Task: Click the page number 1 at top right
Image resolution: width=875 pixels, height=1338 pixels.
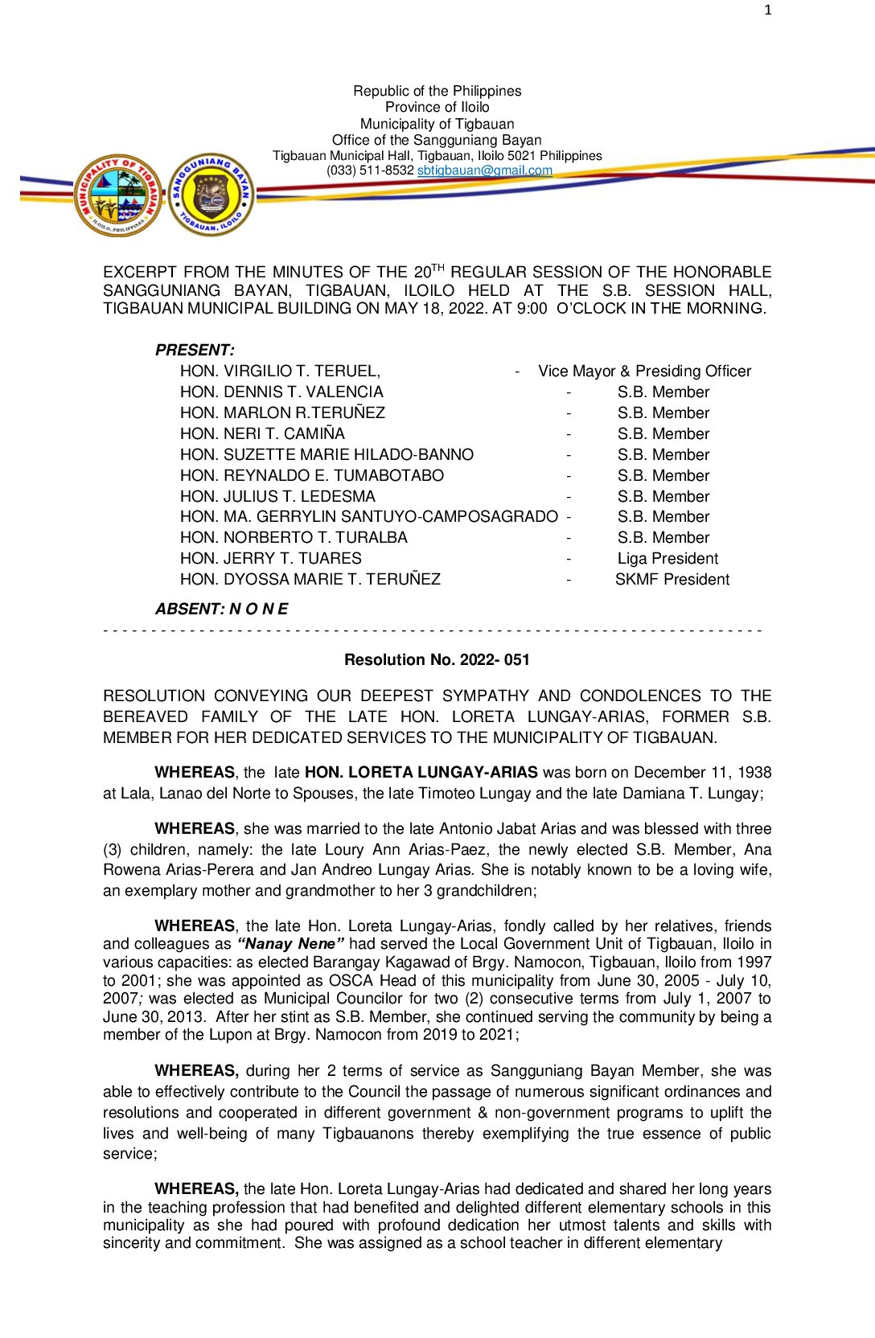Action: (768, 10)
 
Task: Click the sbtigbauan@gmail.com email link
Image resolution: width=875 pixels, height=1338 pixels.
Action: (484, 170)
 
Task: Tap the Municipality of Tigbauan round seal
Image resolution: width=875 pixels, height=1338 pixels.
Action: (118, 195)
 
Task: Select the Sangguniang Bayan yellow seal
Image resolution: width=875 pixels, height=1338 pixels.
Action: (212, 195)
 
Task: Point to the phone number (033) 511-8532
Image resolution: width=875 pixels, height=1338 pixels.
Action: (370, 170)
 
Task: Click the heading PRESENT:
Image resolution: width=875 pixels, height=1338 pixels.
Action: (195, 350)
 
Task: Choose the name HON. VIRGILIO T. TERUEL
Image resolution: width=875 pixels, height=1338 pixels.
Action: (280, 371)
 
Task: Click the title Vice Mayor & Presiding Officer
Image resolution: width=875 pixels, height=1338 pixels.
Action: (644, 371)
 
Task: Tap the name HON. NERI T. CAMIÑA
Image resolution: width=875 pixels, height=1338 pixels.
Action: (262, 433)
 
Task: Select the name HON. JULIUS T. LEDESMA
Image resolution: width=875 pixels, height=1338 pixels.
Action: (277, 496)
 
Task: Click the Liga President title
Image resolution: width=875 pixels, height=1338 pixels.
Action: (668, 558)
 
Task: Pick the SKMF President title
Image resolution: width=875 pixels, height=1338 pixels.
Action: (672, 579)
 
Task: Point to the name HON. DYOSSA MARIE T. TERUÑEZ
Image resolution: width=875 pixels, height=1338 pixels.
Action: (310, 579)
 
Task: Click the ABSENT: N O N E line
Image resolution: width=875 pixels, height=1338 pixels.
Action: (221, 609)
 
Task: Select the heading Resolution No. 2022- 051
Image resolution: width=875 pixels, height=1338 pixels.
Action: (437, 659)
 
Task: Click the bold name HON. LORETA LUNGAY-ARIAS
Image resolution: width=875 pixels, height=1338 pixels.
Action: (421, 772)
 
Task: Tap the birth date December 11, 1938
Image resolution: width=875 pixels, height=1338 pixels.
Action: (702, 772)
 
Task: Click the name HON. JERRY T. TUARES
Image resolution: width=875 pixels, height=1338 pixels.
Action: (271, 558)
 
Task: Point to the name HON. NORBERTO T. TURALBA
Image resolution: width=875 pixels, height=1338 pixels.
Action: (294, 537)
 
